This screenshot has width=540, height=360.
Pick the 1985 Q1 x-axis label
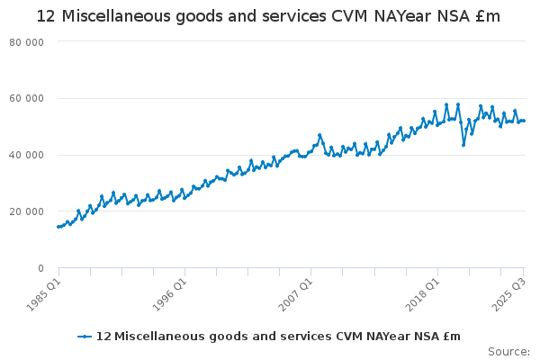[42, 292]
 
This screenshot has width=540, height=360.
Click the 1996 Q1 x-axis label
[168, 292]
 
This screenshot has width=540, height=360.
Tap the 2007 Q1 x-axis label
[294, 292]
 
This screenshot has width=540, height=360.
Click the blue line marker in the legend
[85, 337]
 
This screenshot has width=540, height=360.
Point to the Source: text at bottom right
[508, 351]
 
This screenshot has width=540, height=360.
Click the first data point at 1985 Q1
[58, 227]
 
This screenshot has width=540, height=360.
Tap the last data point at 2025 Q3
[524, 121]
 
